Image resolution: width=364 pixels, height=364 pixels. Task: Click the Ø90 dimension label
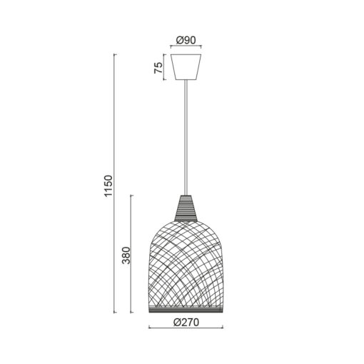click(186, 41)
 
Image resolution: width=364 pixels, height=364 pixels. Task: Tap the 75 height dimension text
click(158, 67)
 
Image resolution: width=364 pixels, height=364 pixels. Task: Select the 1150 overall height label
click(108, 186)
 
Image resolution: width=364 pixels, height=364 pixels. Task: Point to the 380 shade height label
click(126, 256)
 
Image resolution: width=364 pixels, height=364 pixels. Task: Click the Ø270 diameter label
click(186, 323)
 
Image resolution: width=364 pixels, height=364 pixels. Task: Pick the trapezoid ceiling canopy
click(186, 67)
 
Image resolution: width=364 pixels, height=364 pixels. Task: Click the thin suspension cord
click(186, 138)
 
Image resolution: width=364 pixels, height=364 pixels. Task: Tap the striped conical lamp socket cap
click(186, 208)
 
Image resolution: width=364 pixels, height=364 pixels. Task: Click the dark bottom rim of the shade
click(186, 310)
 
